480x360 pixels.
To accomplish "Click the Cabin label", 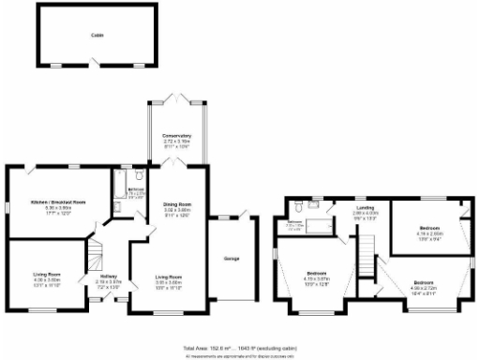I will click(97, 35).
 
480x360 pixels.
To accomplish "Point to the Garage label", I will click(231, 258).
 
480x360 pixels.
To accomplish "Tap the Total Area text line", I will click(238, 348).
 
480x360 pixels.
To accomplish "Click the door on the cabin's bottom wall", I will click(97, 63).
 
